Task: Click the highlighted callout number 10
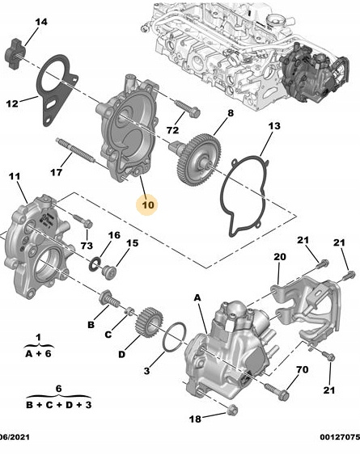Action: (148, 204)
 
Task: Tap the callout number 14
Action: (41, 22)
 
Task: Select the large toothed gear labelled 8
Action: (195, 159)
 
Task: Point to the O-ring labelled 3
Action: (174, 338)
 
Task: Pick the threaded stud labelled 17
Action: (75, 150)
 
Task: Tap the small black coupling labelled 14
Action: (15, 53)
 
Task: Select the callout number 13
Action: (274, 126)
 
